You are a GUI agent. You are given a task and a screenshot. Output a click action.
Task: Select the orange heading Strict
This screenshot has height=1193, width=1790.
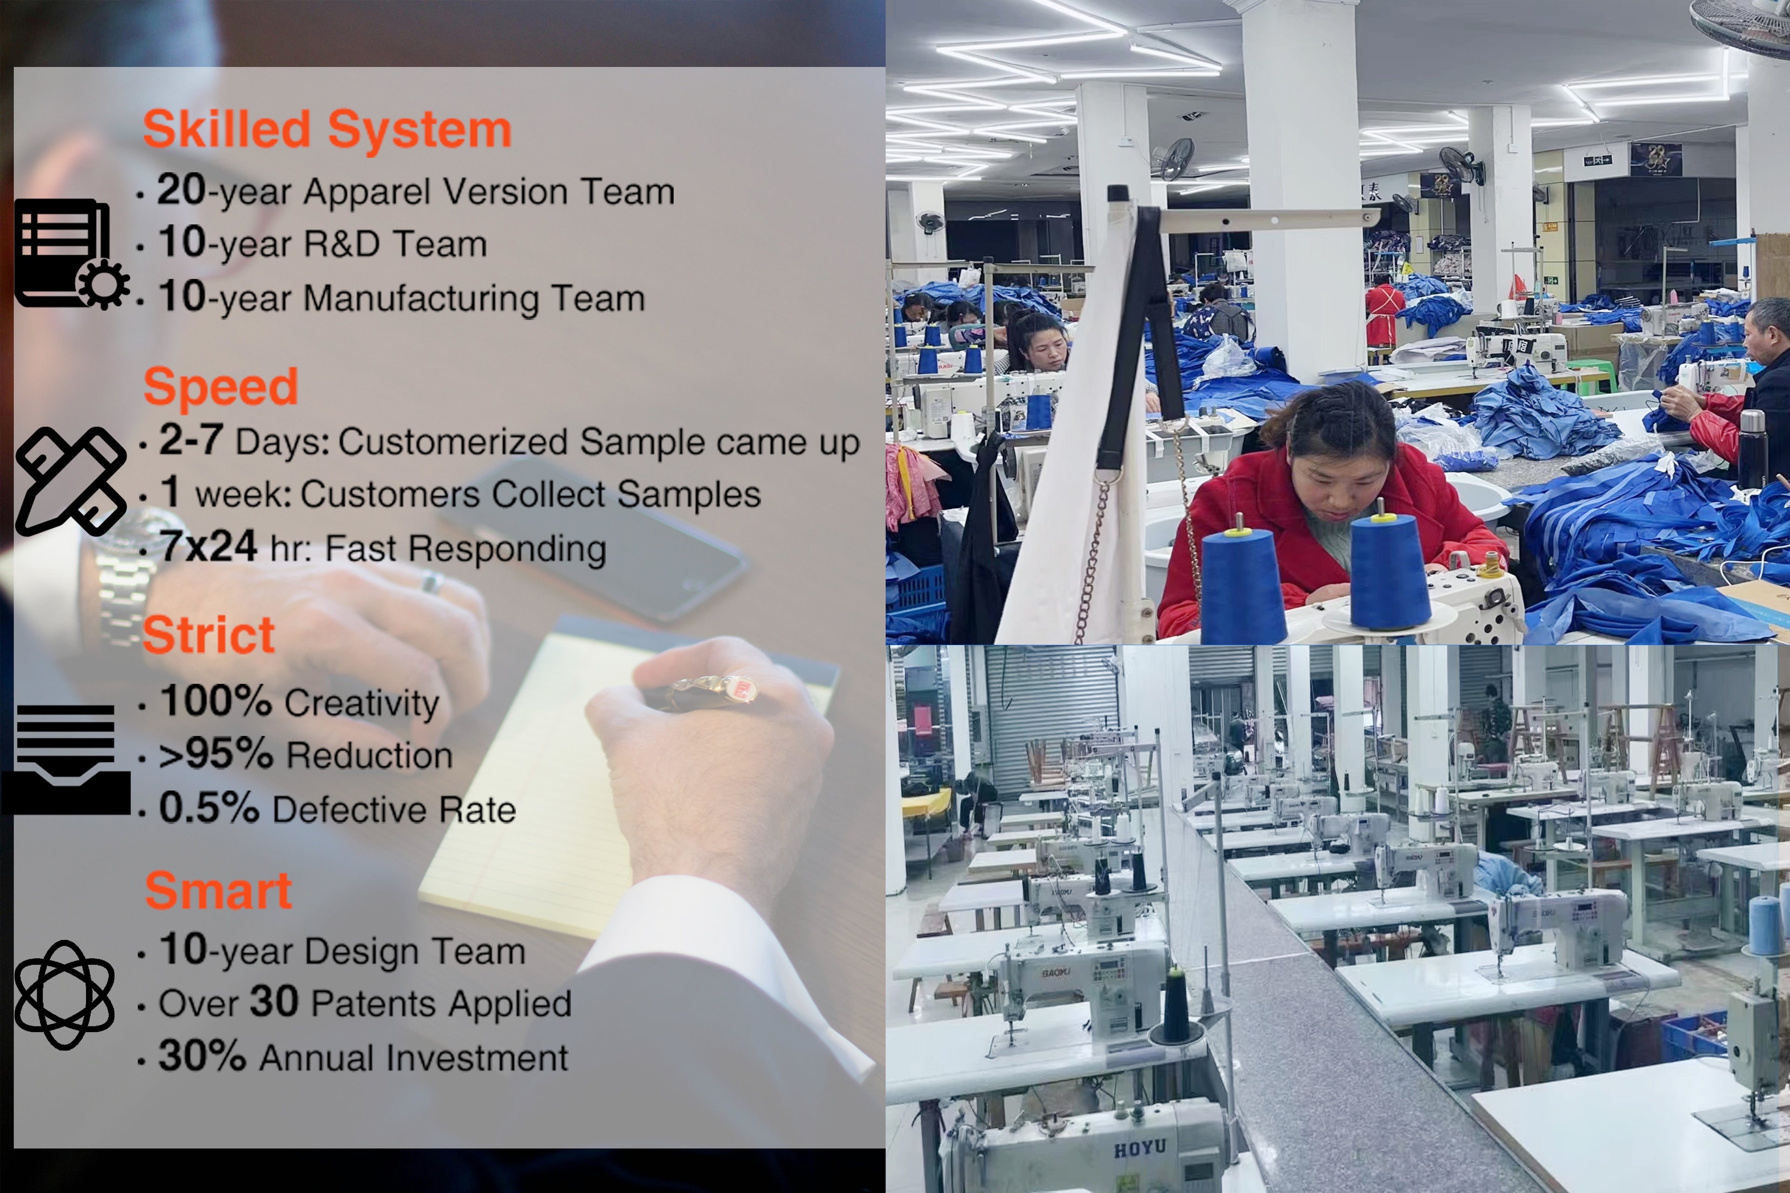pos(208,635)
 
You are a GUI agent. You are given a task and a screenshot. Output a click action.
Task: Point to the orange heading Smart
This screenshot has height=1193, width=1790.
pos(219,890)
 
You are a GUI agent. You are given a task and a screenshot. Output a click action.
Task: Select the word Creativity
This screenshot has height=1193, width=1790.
pos(362,704)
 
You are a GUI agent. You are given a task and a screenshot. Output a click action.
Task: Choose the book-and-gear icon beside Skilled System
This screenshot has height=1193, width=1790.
pos(71,254)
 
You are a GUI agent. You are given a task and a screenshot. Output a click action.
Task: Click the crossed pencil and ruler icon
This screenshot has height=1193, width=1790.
pos(71,481)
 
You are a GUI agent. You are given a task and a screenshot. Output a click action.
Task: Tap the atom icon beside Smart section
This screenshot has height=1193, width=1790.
pos(65,994)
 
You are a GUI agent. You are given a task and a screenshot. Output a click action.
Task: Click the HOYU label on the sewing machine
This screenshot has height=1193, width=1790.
pos(1139,1148)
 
